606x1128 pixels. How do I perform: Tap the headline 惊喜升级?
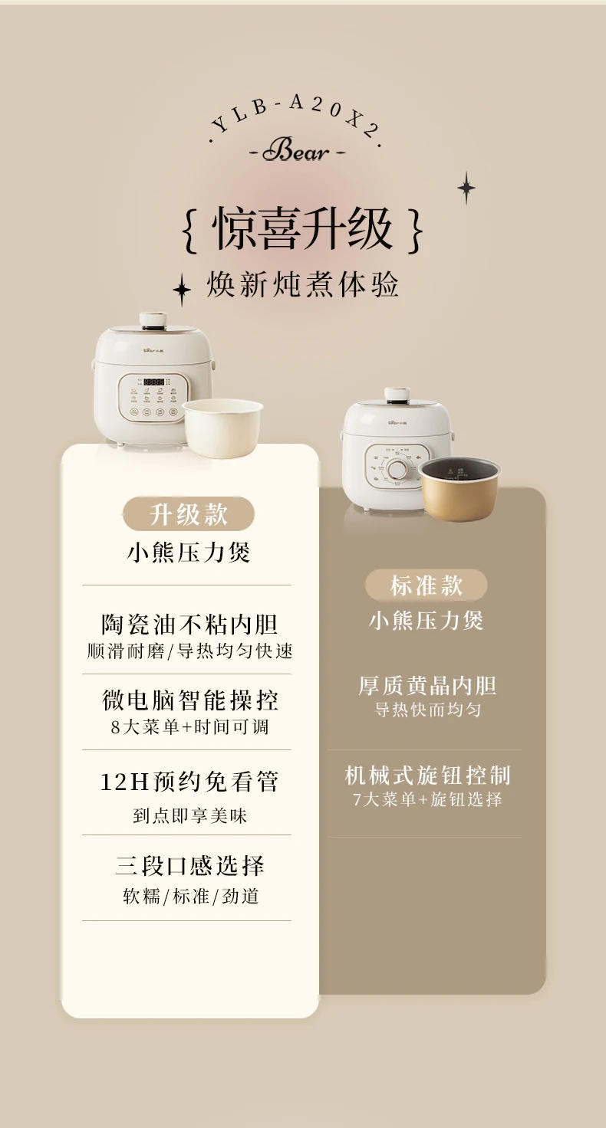pyautogui.click(x=302, y=229)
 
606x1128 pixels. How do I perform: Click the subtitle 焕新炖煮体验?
pyautogui.click(x=303, y=285)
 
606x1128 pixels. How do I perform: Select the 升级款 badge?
pyautogui.click(x=189, y=514)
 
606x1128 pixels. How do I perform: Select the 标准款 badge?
pyautogui.click(x=427, y=585)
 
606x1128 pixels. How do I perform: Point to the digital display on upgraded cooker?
pyautogui.click(x=154, y=382)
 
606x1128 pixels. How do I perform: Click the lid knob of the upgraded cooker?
pyautogui.click(x=153, y=320)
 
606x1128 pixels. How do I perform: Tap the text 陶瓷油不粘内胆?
pyautogui.click(x=189, y=625)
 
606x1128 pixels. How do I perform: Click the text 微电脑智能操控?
pyautogui.click(x=189, y=700)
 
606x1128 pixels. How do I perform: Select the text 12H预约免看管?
pyautogui.click(x=189, y=782)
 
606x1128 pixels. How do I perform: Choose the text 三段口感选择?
pyautogui.click(x=189, y=866)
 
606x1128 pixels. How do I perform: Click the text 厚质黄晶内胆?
pyautogui.click(x=427, y=685)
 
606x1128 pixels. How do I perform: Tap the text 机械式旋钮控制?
pyautogui.click(x=427, y=775)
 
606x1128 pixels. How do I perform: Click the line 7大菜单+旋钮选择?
pyautogui.click(x=427, y=800)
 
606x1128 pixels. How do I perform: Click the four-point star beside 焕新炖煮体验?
pyautogui.click(x=182, y=290)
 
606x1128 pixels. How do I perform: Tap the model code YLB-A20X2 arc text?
pyautogui.click(x=296, y=114)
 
